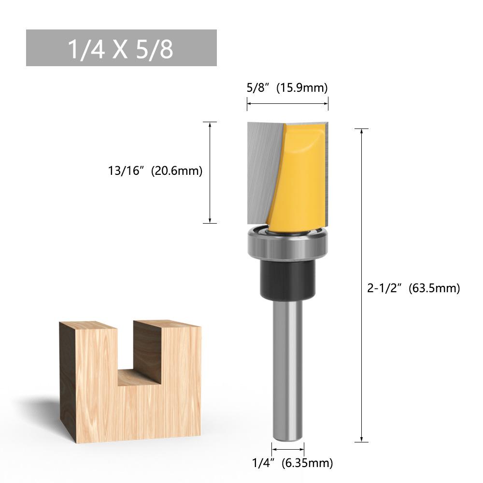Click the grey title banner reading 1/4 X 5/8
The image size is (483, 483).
pyautogui.click(x=121, y=48)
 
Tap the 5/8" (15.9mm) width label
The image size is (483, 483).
pyautogui.click(x=287, y=88)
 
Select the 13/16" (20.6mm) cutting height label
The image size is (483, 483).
pyautogui.click(x=155, y=170)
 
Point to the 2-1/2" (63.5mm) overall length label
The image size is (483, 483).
pyautogui.click(x=413, y=288)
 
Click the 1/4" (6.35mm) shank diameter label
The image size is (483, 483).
pyautogui.click(x=292, y=463)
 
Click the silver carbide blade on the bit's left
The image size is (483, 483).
pyautogui.click(x=263, y=172)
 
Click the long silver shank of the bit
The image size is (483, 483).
pyautogui.click(x=288, y=369)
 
